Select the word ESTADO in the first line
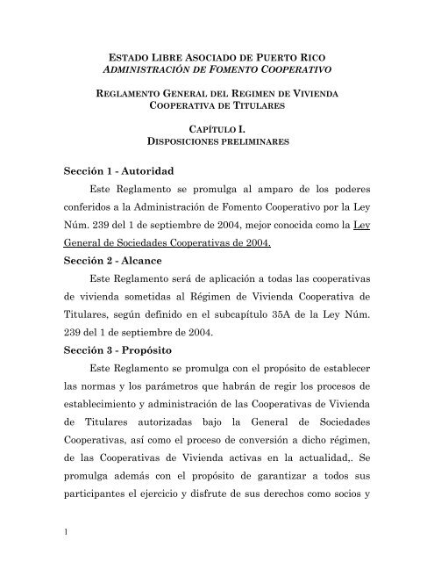coord(121,55)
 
